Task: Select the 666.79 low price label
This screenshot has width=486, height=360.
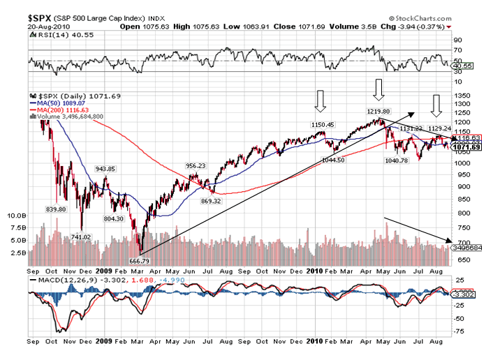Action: (140, 260)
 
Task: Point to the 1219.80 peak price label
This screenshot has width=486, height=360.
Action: (378, 111)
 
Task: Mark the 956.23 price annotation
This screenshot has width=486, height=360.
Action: (196, 165)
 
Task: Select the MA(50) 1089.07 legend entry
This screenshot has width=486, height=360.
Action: (57, 103)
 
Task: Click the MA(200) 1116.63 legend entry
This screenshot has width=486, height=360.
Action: (59, 110)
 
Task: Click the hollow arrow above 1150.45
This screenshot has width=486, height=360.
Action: (321, 101)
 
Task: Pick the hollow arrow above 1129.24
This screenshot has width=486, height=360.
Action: (436, 105)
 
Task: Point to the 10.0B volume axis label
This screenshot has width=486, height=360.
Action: (16, 216)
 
